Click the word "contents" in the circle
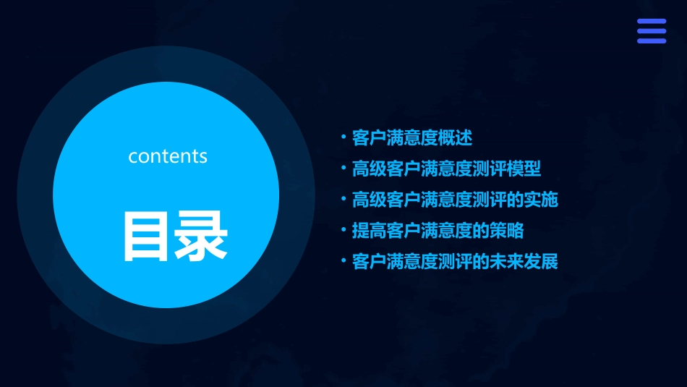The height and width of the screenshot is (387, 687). [x=168, y=156]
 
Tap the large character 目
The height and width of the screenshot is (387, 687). [x=147, y=237]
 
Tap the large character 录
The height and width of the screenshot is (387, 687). [x=201, y=237]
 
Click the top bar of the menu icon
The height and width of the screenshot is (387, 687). [x=651, y=22]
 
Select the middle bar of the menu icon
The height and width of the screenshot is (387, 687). [x=651, y=31]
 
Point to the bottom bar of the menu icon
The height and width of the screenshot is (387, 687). [x=651, y=41]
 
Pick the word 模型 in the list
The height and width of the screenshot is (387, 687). [x=524, y=169]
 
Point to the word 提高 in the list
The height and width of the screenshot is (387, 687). [x=369, y=231]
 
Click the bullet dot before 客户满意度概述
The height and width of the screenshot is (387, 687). [x=343, y=137]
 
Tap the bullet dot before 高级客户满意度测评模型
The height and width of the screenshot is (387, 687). [x=343, y=169]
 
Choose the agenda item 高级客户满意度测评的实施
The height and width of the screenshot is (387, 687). [x=454, y=200]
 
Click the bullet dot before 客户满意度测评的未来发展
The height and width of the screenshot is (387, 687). [x=343, y=261]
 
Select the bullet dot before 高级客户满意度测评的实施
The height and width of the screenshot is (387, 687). [x=343, y=199]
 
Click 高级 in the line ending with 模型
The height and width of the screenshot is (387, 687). [x=369, y=169]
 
